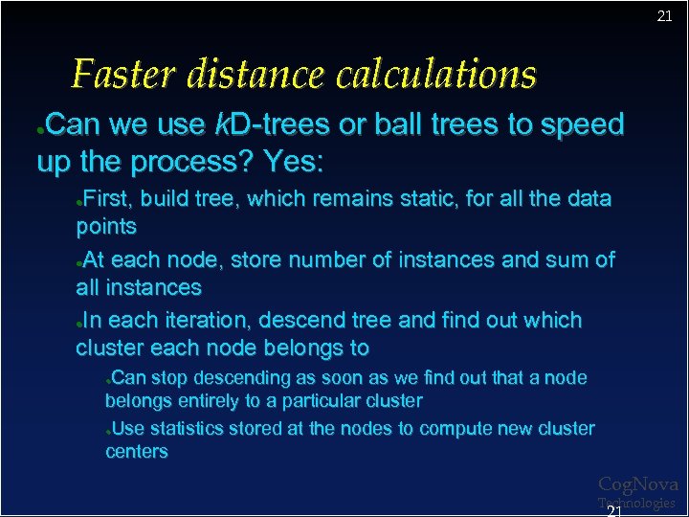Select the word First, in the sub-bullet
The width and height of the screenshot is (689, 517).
tap(110, 199)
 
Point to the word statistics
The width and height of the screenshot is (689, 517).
tap(185, 428)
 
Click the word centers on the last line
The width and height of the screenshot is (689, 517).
tap(136, 451)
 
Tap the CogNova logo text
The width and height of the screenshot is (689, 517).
tap(637, 485)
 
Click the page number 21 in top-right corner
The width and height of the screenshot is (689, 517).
tap(664, 16)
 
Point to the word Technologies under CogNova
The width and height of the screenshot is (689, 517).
tap(637, 503)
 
